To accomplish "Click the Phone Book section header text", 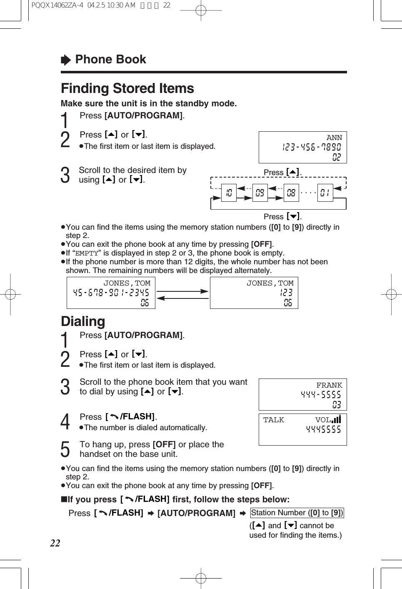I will (x=110, y=60).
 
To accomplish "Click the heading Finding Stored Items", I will (x=127, y=88).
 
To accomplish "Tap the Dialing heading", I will (x=83, y=321).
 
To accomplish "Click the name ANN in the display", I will (x=334, y=138).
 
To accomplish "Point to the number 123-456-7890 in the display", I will (x=312, y=147).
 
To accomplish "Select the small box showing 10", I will (x=229, y=193).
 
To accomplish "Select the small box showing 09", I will (x=260, y=193).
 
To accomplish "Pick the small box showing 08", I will (x=291, y=193).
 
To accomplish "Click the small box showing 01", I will (x=325, y=193).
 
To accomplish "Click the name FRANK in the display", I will (x=329, y=386).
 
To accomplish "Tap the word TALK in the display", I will (x=274, y=420).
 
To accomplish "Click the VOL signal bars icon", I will (x=337, y=419).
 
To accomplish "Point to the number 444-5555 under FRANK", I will (x=321, y=394).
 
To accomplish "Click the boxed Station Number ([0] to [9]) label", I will (x=297, y=513).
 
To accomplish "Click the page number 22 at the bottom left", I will (x=55, y=543).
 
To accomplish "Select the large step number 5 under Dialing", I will (x=65, y=449).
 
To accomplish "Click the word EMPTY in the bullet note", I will (x=87, y=253).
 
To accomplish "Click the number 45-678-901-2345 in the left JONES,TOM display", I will (x=111, y=293).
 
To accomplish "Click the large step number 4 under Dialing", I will (x=65, y=422).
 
